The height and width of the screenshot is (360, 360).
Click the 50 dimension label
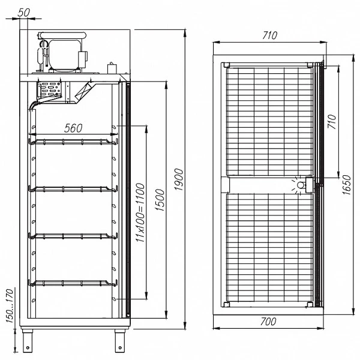23,13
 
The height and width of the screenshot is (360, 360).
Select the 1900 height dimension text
179,179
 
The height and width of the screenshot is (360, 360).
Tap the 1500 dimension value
160,200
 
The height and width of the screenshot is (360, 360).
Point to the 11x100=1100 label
140,212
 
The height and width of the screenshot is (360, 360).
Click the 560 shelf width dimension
73,128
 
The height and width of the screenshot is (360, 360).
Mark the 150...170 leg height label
10,306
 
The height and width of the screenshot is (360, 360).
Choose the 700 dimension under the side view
268,322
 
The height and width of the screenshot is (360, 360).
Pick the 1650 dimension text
346,185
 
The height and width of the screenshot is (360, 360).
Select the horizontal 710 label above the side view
270,35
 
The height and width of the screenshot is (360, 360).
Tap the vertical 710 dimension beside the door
332,122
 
